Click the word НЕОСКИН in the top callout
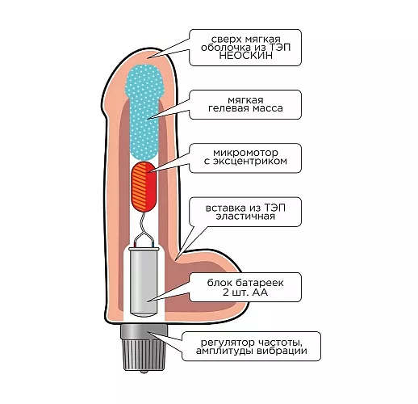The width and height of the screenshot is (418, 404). pos(245,56)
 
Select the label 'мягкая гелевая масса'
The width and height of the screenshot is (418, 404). pos(245,104)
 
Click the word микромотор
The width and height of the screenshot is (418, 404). pos(245,153)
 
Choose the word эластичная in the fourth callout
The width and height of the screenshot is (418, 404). pos(245,217)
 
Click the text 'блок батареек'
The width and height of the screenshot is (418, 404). pos(245,283)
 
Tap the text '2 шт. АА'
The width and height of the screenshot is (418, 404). pos(245,292)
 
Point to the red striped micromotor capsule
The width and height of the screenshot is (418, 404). pos(144,187)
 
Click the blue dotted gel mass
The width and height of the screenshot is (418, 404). pos(144,112)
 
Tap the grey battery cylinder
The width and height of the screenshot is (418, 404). pos(144,283)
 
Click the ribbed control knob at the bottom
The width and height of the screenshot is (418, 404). pos(144,355)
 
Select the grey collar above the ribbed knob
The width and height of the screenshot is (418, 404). pos(144,331)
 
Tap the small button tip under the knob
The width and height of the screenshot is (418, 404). pos(144,372)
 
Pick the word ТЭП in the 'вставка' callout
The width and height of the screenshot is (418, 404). pos(274,208)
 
